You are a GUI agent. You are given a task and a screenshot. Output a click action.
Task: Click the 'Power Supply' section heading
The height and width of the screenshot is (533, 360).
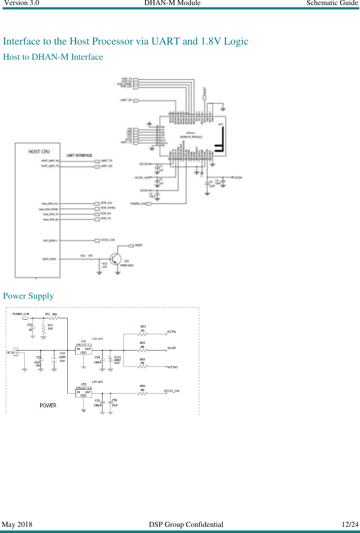(x=28, y=296)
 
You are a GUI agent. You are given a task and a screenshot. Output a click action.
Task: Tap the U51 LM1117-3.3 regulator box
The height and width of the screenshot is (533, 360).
(x=83, y=351)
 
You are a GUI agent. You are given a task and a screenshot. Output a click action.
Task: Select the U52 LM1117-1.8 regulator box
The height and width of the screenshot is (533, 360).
(x=83, y=394)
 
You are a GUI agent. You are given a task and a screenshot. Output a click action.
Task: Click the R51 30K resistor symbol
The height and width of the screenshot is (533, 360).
(x=54, y=318)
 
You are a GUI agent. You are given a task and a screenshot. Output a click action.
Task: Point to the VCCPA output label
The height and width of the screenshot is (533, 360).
(x=171, y=332)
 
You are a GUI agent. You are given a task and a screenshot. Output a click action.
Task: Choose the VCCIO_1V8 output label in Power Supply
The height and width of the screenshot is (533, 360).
(x=172, y=391)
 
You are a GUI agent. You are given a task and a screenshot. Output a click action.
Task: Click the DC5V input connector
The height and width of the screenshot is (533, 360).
(x=16, y=352)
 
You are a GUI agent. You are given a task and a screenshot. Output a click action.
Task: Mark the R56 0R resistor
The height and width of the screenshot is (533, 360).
(x=143, y=393)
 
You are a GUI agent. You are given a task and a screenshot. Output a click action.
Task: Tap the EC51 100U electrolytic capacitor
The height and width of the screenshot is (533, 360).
(x=110, y=360)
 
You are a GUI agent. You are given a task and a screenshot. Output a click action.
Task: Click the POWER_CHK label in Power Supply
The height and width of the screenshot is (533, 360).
(x=21, y=314)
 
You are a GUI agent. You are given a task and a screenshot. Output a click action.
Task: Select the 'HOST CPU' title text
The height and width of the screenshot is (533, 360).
(x=39, y=152)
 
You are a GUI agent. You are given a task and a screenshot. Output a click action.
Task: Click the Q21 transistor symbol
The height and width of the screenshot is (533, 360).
(x=115, y=259)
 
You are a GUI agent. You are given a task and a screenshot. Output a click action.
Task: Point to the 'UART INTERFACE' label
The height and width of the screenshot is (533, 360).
(x=79, y=155)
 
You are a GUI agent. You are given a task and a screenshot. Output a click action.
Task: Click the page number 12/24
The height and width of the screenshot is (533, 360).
(x=350, y=524)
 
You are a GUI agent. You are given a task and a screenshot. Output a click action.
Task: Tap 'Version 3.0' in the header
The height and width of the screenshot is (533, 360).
(x=22, y=3)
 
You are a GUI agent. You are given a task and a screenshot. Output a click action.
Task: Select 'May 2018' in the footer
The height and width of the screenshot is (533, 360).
(x=17, y=524)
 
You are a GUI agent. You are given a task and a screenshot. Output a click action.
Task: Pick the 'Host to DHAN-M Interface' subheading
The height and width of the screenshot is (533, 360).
(x=53, y=57)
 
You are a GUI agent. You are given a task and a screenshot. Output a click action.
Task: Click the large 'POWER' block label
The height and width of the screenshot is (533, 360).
(x=48, y=406)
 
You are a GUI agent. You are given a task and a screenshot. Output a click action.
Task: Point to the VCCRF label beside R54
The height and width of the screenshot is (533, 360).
(x=172, y=348)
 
